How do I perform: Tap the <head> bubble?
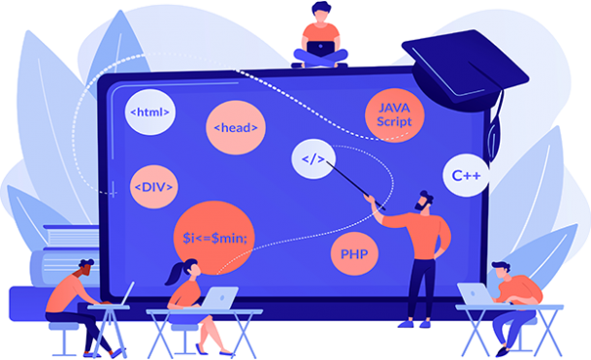(x=234, y=127)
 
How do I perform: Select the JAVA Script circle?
(x=395, y=115)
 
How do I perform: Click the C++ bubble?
(x=467, y=176)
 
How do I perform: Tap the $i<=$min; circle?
(x=214, y=237)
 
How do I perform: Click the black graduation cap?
(x=465, y=59)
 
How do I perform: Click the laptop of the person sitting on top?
(x=320, y=42)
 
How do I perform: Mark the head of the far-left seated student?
(x=86, y=268)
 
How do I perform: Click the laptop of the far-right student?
(x=475, y=293)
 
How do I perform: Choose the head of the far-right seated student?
(x=502, y=271)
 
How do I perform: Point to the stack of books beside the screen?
(x=67, y=252)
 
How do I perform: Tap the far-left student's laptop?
(x=126, y=293)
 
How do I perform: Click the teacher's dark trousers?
(x=420, y=286)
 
